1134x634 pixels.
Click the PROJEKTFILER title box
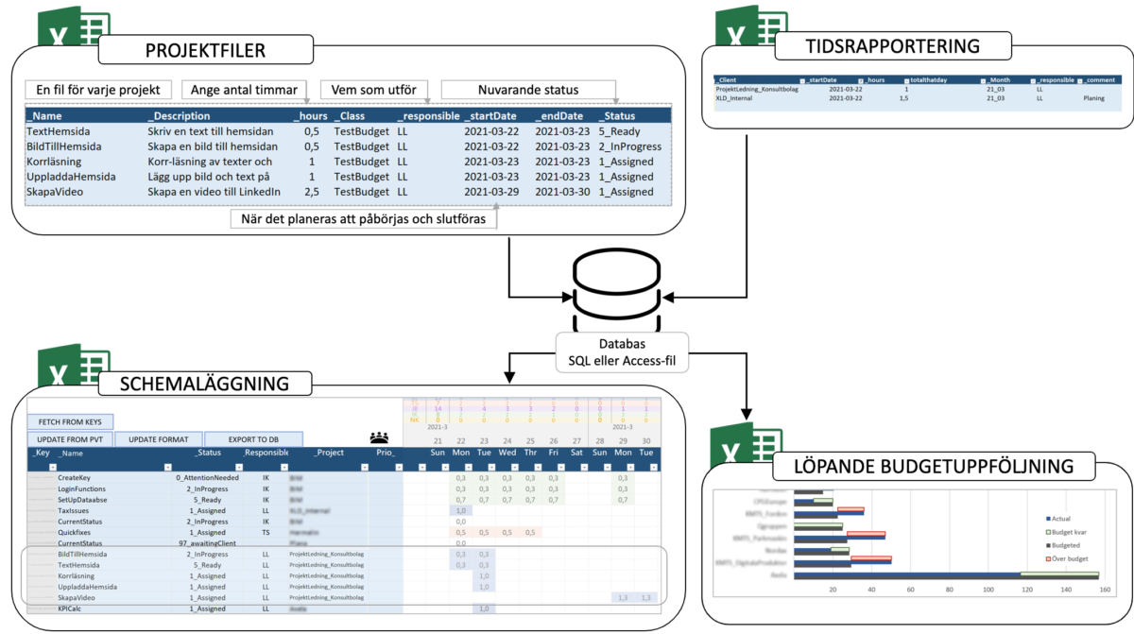[205, 50]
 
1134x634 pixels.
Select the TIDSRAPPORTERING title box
[892, 45]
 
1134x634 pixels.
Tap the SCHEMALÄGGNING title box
[204, 384]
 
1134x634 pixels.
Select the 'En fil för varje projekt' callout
[99, 90]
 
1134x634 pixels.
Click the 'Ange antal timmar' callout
[245, 90]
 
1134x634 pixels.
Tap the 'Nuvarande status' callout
[529, 90]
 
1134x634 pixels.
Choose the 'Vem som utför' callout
[374, 90]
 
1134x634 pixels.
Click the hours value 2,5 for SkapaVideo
[310, 192]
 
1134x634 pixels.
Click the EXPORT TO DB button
[253, 439]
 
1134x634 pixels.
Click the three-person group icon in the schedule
[380, 437]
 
